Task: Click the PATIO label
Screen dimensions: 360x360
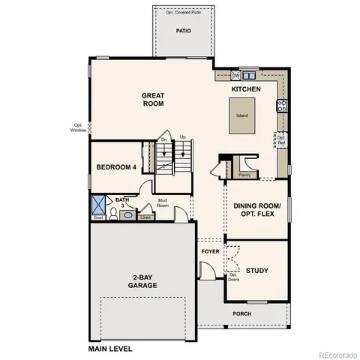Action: tap(183, 31)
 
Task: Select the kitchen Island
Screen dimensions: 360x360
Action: tap(242, 115)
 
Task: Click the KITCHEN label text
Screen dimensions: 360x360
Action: tap(246, 90)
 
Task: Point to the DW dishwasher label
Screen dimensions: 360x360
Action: tap(235, 76)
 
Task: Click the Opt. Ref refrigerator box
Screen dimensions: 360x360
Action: tap(281, 139)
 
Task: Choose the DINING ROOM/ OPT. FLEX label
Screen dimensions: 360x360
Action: tap(257, 210)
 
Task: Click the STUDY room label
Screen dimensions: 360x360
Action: tap(257, 270)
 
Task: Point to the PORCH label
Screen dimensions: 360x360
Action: tap(241, 313)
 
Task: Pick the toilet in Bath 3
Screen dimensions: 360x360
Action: tap(112, 214)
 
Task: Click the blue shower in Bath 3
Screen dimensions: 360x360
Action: tap(98, 204)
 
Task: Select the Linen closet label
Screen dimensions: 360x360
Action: tap(145, 217)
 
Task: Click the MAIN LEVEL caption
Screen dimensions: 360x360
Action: tap(110, 349)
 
